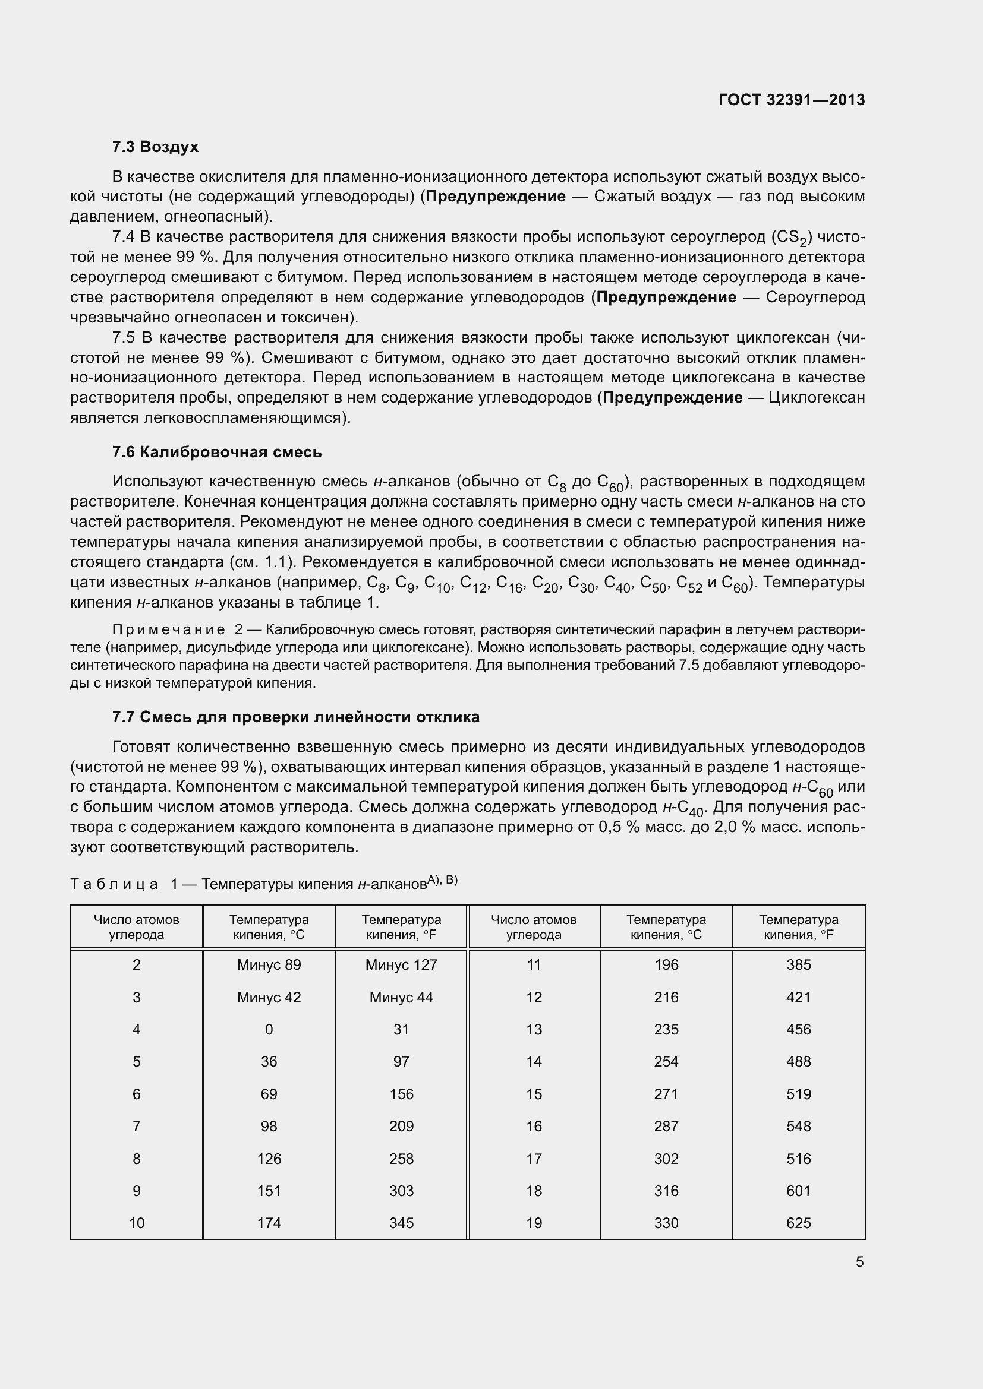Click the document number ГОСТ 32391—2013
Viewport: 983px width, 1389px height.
(791, 100)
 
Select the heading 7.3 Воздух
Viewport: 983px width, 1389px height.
(155, 147)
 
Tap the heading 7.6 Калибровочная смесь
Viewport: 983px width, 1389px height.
(217, 452)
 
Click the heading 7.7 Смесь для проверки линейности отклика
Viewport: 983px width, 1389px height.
(295, 717)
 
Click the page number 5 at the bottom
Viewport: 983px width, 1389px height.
(859, 1261)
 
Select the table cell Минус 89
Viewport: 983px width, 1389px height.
(269, 964)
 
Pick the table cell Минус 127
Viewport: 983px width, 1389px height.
(401, 964)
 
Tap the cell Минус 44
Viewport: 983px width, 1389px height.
(401, 997)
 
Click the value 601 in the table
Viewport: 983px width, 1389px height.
(798, 1191)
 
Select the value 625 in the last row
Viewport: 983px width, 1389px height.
(798, 1223)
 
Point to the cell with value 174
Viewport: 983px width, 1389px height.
(269, 1223)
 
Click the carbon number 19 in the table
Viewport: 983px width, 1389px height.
(533, 1223)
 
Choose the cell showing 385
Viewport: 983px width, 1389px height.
(798, 964)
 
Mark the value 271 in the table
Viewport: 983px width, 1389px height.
(666, 1094)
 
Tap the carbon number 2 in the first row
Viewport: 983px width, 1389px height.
(136, 964)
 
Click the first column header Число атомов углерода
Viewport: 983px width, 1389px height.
(136, 927)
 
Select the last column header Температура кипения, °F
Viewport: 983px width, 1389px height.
(798, 927)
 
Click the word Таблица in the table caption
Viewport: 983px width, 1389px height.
(114, 884)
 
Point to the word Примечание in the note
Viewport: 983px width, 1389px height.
(168, 629)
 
